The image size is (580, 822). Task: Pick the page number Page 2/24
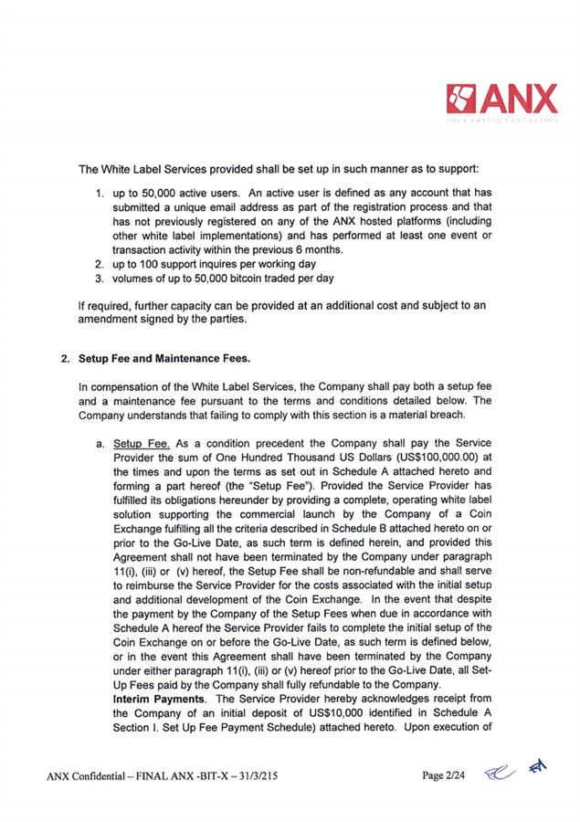coord(448,776)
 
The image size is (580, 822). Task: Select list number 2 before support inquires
coord(100,263)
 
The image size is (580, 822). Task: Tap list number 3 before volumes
coord(100,277)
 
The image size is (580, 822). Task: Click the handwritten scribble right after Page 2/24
coord(500,775)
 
